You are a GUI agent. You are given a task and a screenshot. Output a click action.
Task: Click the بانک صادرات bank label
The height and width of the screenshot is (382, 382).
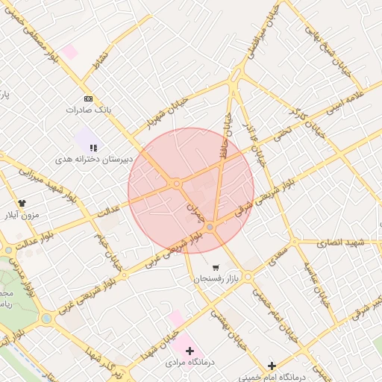(x=93, y=109)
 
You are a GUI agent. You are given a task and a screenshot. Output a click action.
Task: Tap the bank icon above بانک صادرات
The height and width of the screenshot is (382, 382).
(x=89, y=98)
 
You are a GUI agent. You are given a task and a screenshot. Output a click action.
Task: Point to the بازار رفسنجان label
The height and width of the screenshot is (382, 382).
(x=216, y=278)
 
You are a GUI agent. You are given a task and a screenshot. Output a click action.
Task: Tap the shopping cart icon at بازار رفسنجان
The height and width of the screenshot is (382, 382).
(x=216, y=267)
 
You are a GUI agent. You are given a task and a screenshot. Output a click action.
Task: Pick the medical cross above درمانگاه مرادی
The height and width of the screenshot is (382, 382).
(x=189, y=350)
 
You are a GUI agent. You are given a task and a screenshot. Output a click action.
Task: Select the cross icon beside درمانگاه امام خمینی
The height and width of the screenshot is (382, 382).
(x=272, y=366)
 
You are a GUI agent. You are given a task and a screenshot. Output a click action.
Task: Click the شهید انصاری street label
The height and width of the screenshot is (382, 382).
(x=339, y=242)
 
